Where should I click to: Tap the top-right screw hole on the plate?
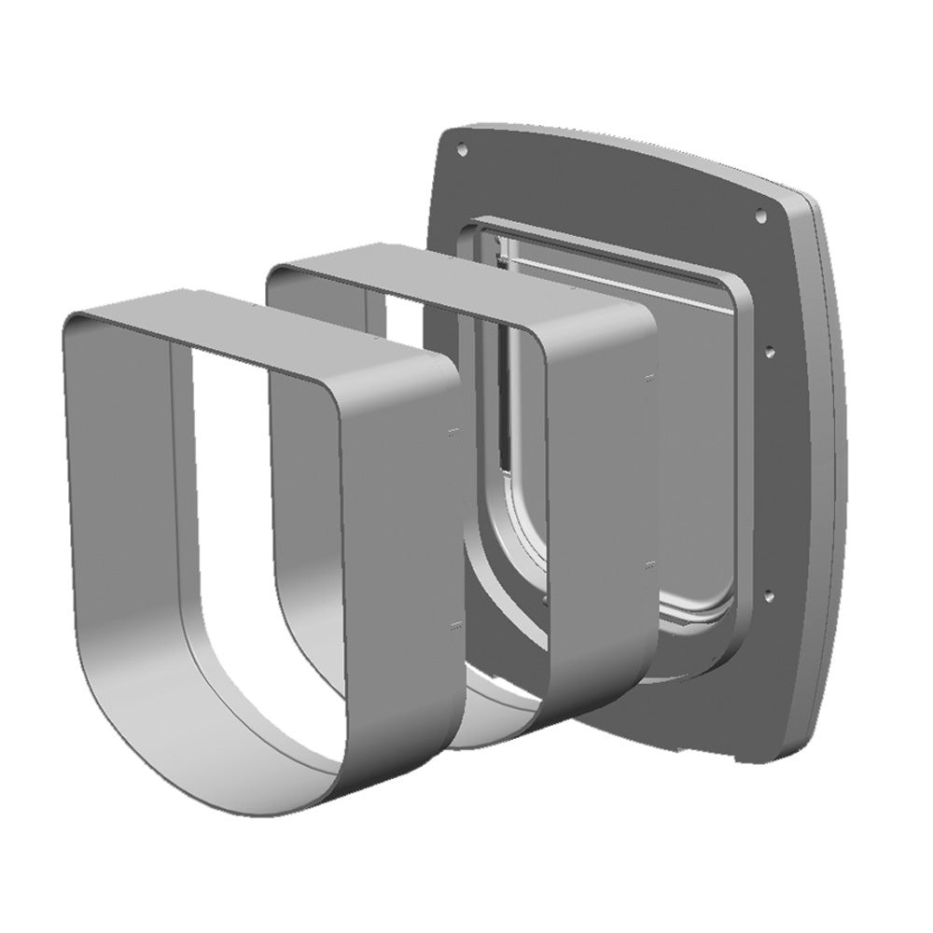point(760,214)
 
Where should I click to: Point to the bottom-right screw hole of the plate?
point(767,592)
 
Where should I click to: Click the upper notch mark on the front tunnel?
point(453,432)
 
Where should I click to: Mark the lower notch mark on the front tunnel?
point(454,623)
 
